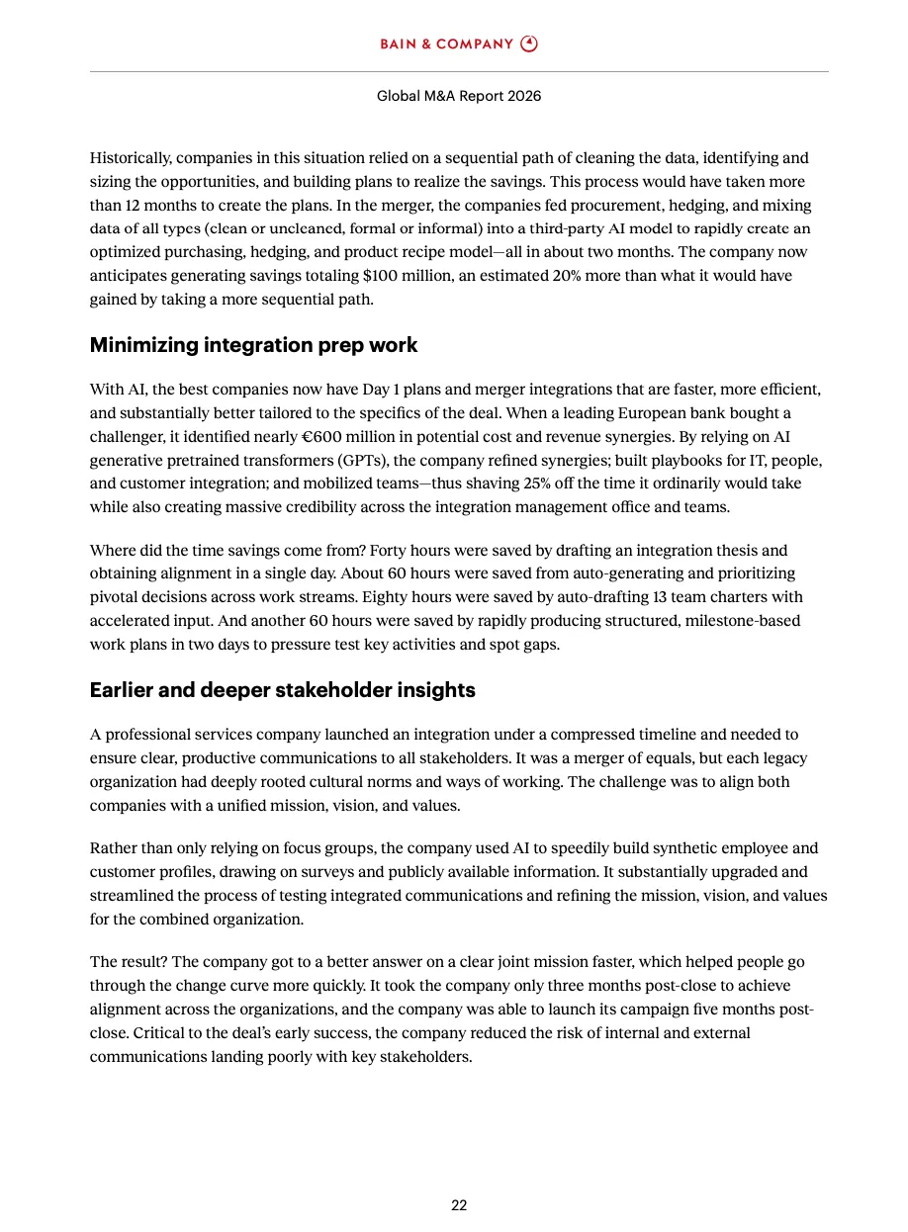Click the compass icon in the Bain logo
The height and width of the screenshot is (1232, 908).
pos(529,44)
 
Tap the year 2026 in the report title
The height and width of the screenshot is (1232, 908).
pos(523,97)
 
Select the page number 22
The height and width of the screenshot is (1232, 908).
pos(459,1205)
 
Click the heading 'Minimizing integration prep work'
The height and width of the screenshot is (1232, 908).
pos(253,345)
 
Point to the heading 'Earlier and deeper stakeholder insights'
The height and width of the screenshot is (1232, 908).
pos(282,690)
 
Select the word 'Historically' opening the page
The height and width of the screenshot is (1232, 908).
pos(132,158)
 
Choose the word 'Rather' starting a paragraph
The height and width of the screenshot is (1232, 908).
pos(113,848)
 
